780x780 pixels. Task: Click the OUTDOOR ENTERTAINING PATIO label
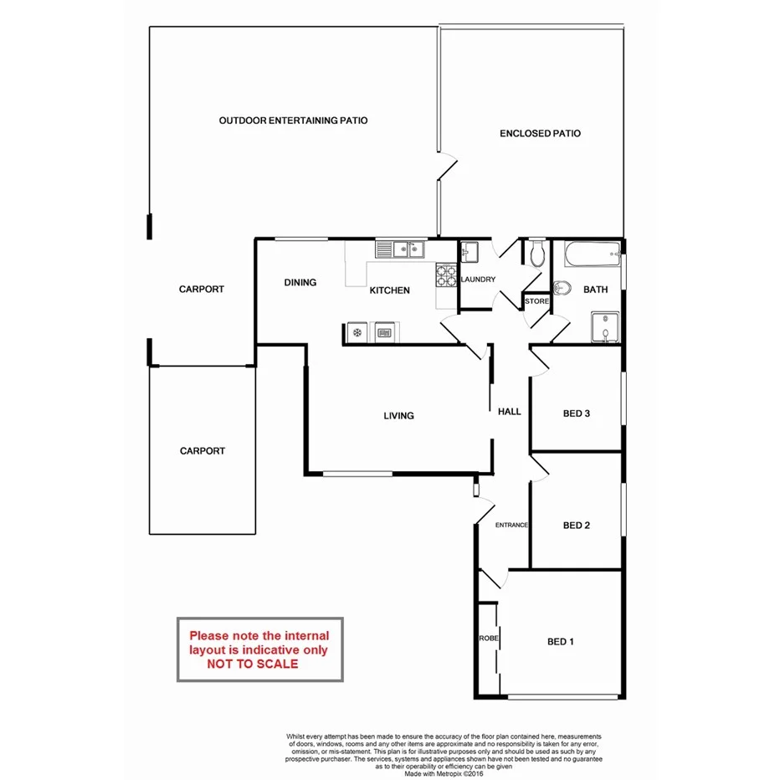[293, 121]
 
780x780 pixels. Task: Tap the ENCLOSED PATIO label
[540, 133]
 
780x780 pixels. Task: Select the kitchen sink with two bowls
[401, 249]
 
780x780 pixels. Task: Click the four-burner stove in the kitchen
[445, 276]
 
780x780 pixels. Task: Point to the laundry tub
[469, 251]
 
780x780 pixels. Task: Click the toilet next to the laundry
[537, 253]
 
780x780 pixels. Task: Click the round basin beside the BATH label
[563, 288]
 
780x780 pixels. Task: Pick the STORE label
[536, 301]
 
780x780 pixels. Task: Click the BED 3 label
[577, 413]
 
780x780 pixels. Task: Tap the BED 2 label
[577, 526]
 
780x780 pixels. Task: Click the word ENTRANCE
[511, 526]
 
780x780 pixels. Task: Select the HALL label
[509, 412]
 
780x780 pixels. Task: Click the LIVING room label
[398, 416]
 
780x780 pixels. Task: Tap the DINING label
[300, 283]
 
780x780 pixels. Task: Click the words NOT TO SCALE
[253, 664]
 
